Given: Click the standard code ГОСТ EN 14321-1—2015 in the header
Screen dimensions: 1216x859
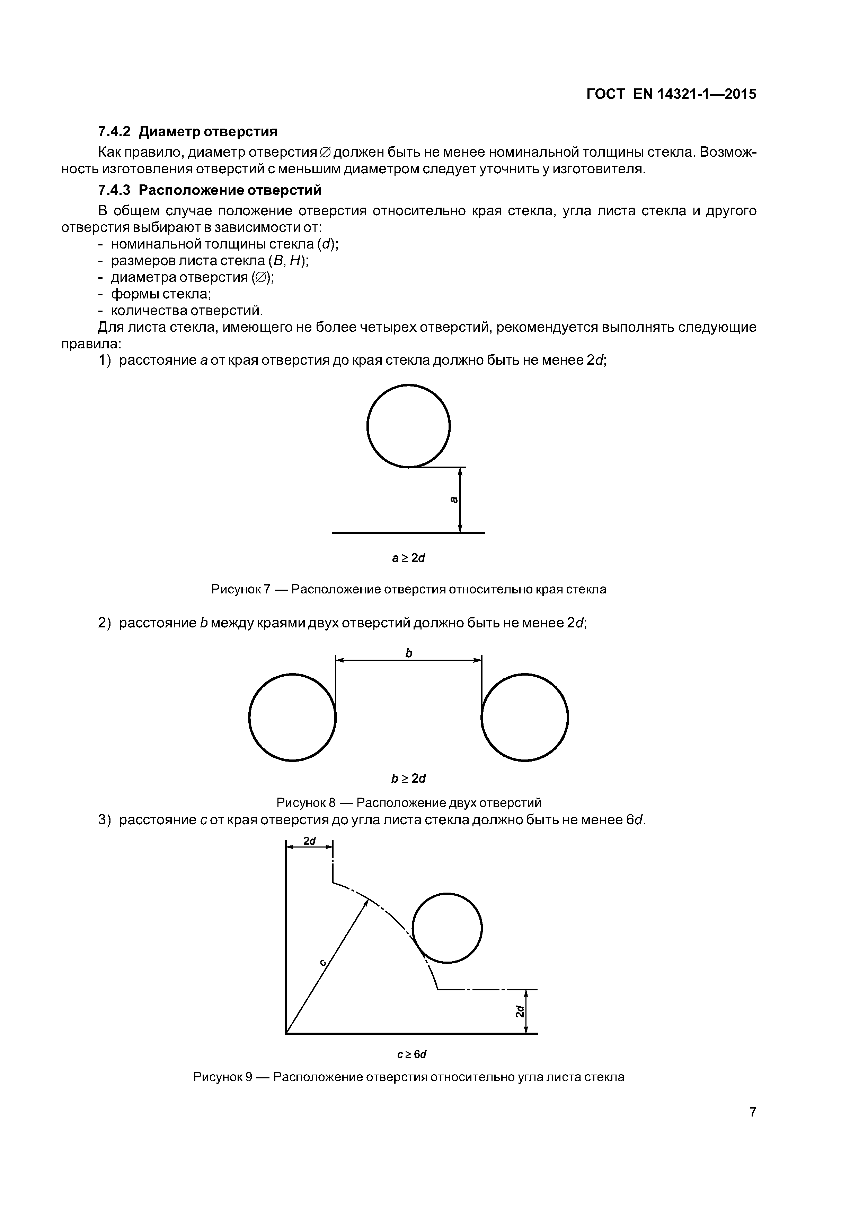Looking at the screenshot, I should coord(671,94).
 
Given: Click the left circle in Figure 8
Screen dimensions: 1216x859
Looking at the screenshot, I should coord(292,718).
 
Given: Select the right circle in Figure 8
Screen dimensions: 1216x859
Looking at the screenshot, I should coord(524,718).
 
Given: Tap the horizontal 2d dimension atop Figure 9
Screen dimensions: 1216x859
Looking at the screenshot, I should coord(309,841).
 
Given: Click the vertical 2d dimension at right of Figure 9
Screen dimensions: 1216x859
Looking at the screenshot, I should coord(520,1011).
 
